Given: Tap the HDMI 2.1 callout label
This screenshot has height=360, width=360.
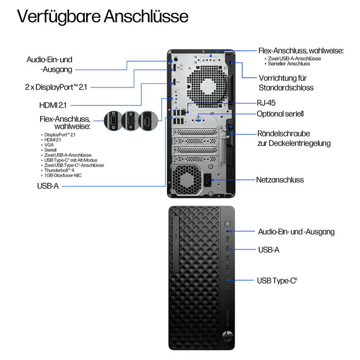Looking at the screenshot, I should coord(53,105).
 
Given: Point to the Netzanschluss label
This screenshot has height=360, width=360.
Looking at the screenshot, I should coord(280,180).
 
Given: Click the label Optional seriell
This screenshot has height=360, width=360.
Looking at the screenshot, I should coord(280,114).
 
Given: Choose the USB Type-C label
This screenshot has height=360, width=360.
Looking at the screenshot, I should coord(277,281).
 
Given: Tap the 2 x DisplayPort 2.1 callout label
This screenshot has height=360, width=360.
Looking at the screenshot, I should coord(56,87).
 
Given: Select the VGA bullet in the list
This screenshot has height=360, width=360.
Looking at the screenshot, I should coord(49,145).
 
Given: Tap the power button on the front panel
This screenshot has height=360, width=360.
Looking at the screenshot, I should coord(228,223).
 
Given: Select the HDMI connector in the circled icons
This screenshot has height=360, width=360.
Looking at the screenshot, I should coord(148,121).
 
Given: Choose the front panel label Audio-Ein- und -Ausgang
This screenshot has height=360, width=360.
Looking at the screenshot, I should coord(296,232).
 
